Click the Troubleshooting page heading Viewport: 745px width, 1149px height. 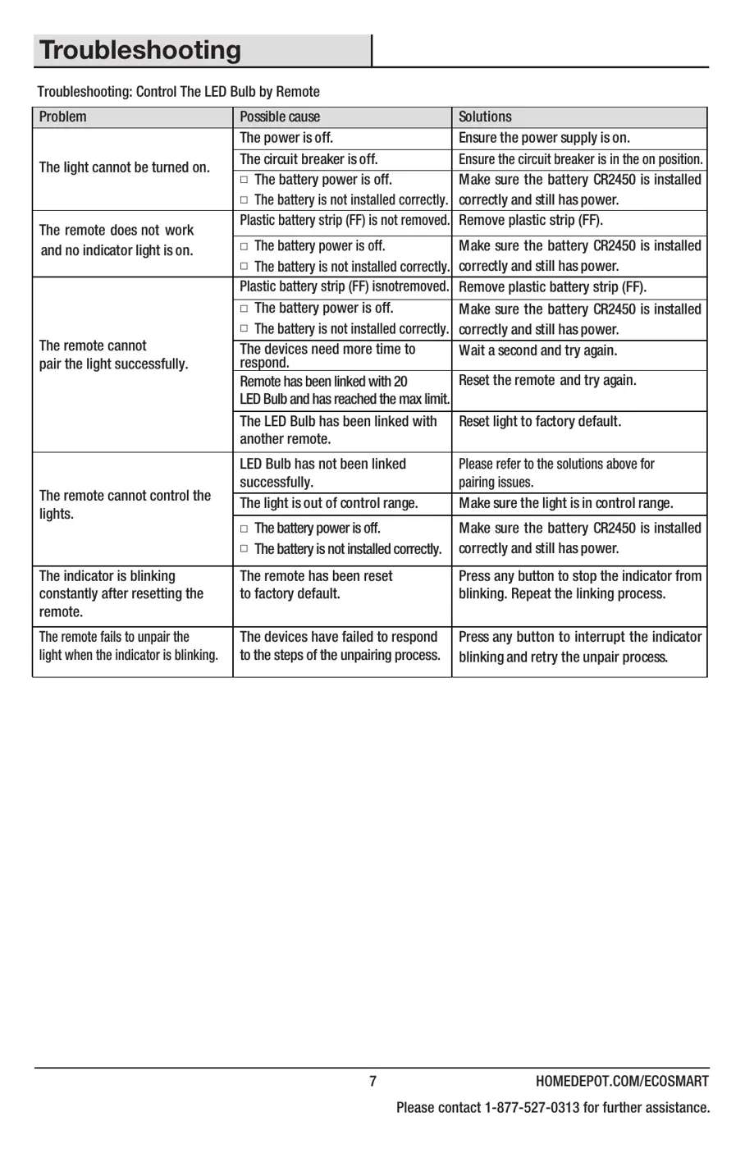(140, 51)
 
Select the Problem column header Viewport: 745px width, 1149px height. (62, 117)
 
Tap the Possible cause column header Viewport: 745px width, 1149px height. (280, 117)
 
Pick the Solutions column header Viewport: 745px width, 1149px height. (485, 117)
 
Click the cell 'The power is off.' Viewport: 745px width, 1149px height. (286, 138)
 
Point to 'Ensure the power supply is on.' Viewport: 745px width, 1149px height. (544, 138)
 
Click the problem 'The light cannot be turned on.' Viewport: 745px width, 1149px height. (125, 167)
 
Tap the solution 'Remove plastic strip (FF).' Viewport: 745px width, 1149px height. (530, 220)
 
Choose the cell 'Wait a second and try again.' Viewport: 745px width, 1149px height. (538, 350)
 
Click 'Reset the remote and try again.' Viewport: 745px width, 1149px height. (547, 380)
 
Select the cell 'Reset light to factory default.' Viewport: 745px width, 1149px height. (540, 421)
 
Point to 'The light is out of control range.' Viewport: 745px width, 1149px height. (328, 503)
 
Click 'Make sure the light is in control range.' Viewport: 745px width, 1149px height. (565, 503)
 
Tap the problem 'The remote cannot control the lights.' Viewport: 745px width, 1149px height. (125, 505)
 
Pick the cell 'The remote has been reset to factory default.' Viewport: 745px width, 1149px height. (316, 584)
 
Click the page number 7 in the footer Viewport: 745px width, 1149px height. (372, 1081)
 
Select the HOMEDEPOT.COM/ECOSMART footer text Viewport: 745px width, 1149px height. (622, 1081)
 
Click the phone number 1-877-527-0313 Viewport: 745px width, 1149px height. (532, 1107)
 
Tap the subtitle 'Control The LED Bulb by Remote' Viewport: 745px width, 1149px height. (227, 92)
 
